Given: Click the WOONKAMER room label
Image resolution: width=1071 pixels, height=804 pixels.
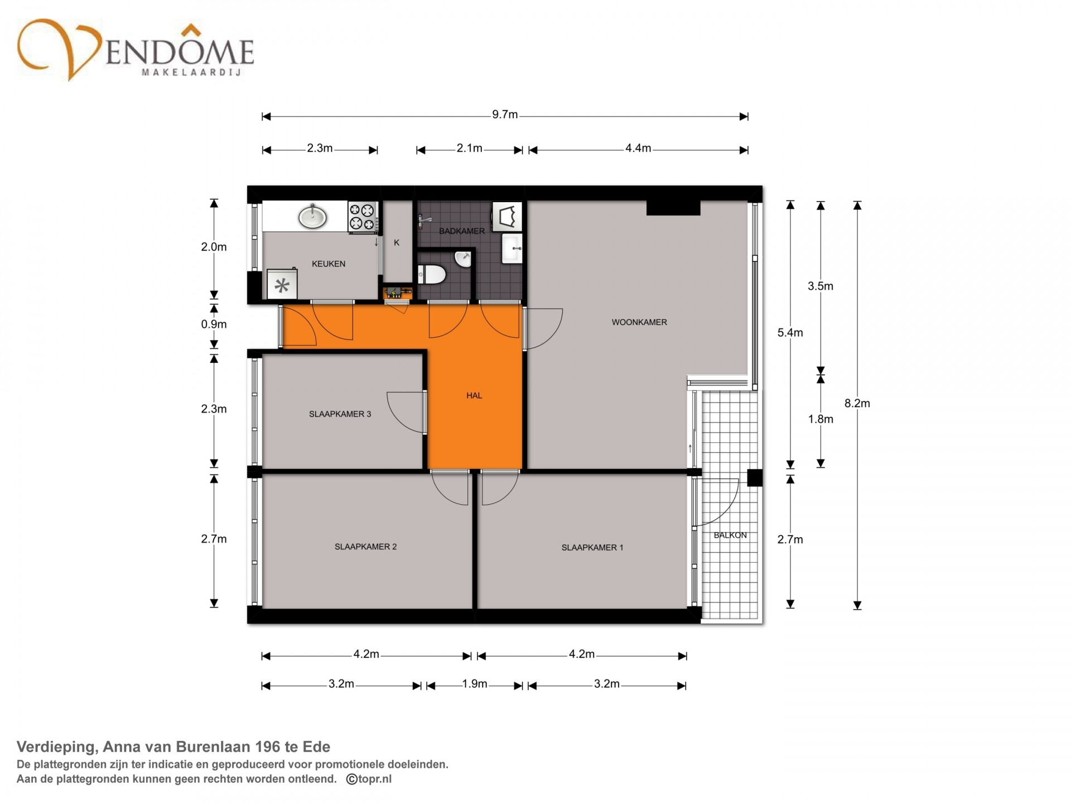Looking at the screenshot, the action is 639,322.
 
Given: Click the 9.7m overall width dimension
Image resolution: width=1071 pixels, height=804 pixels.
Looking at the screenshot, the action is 505,116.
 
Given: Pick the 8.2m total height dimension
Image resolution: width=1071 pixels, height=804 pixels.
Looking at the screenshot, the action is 857,403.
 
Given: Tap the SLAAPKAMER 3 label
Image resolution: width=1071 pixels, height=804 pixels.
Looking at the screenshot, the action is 340,414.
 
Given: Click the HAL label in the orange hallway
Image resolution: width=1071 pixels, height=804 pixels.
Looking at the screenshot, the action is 474,396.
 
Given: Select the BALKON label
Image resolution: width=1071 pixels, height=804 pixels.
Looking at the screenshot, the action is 730,535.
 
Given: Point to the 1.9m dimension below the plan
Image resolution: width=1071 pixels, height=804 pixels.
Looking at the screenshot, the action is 475,685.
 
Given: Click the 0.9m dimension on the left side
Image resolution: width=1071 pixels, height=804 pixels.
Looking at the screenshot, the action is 214,324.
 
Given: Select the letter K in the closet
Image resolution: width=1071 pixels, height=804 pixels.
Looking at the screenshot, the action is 397,243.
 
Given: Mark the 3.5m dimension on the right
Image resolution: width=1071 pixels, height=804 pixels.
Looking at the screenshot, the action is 821,286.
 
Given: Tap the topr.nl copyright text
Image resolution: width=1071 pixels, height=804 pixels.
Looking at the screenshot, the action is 369,779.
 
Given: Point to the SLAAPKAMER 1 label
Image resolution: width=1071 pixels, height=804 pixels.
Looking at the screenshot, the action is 592,548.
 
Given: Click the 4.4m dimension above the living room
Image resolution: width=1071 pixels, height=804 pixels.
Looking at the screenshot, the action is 638,149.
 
